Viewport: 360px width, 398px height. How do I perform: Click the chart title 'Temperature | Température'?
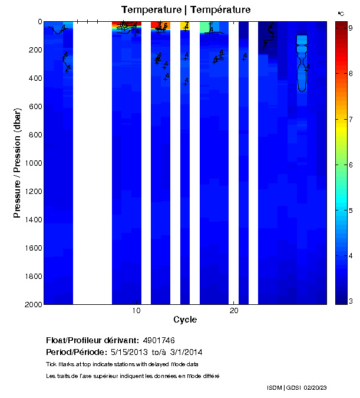[186, 10]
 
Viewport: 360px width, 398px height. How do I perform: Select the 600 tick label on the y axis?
[35, 107]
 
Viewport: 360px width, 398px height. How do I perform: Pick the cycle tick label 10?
[136, 311]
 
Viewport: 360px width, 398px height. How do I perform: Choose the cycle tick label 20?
[234, 311]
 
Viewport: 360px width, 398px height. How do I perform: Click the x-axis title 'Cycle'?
[185, 320]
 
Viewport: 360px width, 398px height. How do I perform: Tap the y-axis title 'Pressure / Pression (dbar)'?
[18, 163]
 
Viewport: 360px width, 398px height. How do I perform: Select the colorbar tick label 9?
[350, 28]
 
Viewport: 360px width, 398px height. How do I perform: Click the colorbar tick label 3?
[350, 301]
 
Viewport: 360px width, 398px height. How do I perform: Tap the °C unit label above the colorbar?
[341, 13]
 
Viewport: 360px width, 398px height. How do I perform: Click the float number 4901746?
[158, 341]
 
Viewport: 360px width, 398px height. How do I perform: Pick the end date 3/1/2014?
[186, 353]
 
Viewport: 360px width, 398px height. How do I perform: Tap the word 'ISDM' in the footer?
[275, 387]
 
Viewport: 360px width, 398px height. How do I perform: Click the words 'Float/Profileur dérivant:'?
[93, 341]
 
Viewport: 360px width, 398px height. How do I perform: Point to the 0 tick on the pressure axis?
[39, 22]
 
